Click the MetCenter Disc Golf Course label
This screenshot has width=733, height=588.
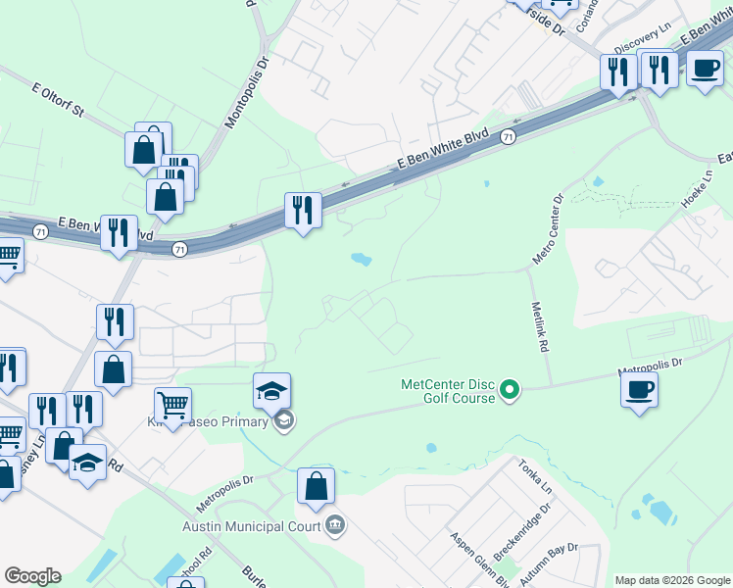(450, 390)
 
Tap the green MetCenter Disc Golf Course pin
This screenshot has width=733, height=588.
(509, 391)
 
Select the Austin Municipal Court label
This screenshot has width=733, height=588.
(252, 525)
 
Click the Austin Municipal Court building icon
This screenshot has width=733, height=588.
(335, 524)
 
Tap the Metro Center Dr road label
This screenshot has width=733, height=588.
(548, 228)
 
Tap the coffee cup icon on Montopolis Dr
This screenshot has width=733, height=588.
(639, 390)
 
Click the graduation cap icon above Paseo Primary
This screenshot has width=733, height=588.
(271, 390)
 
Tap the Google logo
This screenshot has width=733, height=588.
(32, 576)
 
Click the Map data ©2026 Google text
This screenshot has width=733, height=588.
(671, 580)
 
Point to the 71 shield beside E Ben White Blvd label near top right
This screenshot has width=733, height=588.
(507, 138)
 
